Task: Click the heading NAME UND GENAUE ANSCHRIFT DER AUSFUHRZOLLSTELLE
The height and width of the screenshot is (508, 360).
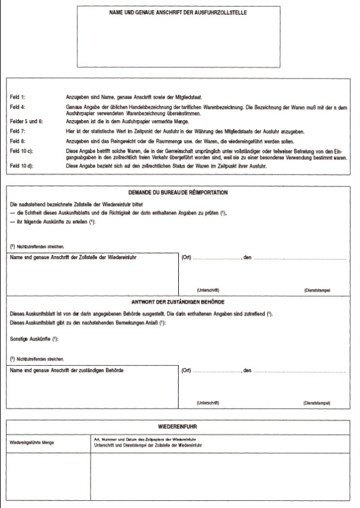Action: (x=178, y=12)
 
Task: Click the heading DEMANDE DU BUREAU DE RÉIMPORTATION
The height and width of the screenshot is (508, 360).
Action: (x=178, y=193)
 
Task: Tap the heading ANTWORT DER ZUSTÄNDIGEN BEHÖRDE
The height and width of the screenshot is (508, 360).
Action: (x=178, y=303)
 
